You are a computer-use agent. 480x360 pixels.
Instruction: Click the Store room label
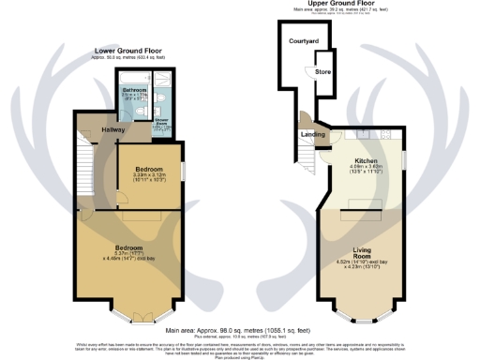click(322, 71)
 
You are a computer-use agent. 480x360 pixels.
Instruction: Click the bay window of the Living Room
click(361, 313)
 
